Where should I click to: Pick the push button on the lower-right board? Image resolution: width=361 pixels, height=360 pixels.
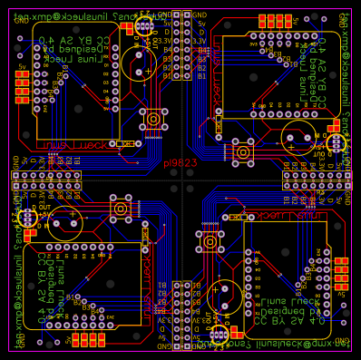[210, 241]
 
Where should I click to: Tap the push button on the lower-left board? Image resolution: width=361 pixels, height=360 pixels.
[120, 209]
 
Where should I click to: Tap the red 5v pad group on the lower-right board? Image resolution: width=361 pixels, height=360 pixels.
[340, 272]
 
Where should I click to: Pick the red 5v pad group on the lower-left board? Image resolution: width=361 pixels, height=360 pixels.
[87, 339]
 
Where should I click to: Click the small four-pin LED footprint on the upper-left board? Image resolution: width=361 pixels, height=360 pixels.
[143, 28]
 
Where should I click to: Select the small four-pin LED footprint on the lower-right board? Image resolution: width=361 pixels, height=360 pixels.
[217, 333]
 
